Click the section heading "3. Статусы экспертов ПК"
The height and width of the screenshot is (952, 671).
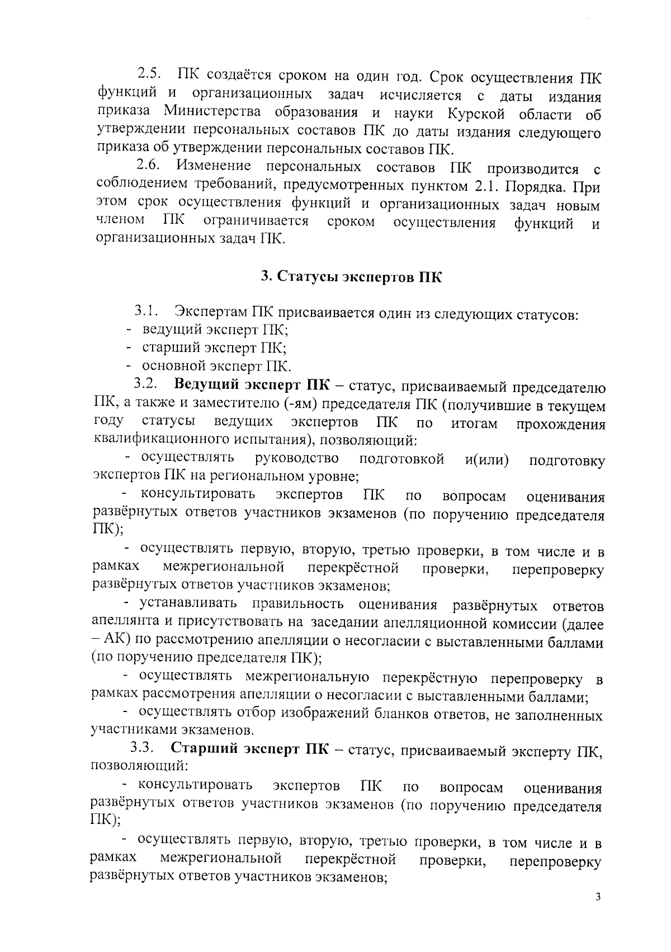352,277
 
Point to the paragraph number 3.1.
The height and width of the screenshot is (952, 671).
147,310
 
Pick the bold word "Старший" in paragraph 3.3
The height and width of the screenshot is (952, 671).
204,749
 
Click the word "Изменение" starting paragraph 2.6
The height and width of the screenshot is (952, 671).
213,166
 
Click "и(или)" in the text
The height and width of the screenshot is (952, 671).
486,460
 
